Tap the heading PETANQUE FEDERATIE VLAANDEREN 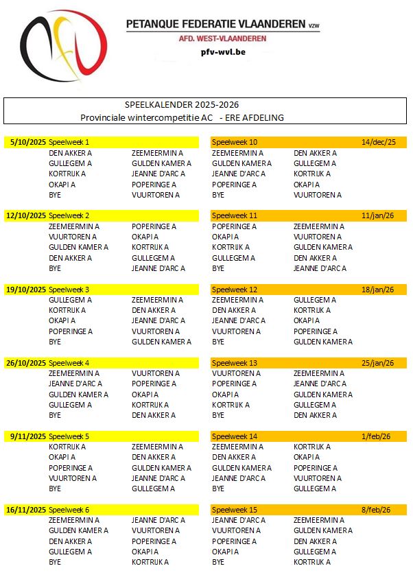(216, 23)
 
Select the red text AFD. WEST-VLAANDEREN (217, 38)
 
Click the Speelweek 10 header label (235, 142)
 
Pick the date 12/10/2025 (26, 215)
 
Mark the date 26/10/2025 (26, 363)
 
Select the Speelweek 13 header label (235, 363)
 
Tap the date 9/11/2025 (28, 436)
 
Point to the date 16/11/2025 (26, 510)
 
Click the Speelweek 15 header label (235, 510)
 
